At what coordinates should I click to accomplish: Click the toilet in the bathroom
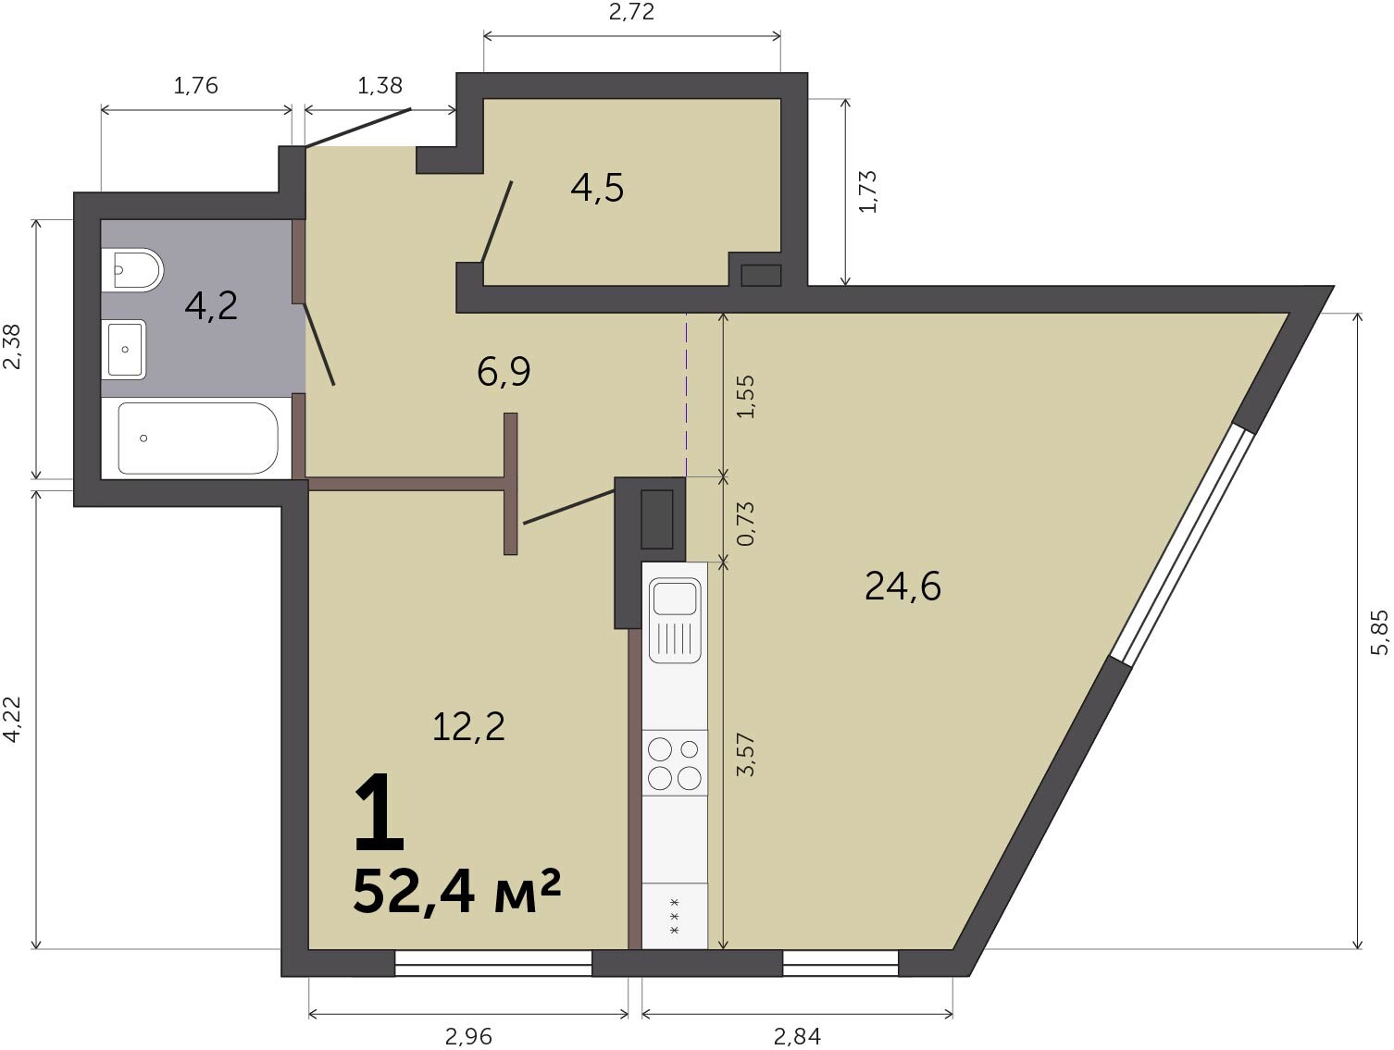point(131,269)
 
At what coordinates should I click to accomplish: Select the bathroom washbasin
point(123,349)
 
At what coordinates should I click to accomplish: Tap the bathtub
point(197,438)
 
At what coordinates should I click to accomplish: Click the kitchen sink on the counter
point(675,620)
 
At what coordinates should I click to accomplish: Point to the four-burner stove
point(675,762)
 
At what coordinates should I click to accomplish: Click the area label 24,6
point(902,587)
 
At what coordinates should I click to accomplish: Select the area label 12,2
point(468,727)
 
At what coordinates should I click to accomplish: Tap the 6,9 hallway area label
point(504,372)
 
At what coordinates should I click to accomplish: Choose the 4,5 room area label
point(597,188)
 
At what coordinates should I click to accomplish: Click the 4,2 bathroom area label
point(211,305)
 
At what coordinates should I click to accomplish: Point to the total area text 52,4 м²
point(456,892)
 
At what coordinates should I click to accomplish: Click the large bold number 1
point(380,813)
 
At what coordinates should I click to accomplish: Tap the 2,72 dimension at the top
point(631,12)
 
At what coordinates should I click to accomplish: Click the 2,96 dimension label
point(468,1037)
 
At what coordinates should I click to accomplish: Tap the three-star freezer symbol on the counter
point(675,916)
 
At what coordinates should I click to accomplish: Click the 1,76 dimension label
point(195,86)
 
